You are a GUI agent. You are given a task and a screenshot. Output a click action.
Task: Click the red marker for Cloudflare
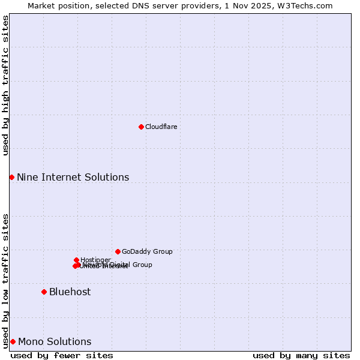point(141,127)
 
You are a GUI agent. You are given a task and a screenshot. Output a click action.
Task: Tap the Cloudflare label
point(161,127)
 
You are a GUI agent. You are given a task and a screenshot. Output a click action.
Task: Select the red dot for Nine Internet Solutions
point(11,177)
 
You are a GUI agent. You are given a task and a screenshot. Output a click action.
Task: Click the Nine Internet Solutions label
point(73,177)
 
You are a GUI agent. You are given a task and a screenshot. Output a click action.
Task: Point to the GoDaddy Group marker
point(118,251)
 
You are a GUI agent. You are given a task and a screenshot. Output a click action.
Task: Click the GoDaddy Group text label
point(147,251)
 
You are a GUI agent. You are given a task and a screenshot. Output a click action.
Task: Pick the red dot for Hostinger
point(76,260)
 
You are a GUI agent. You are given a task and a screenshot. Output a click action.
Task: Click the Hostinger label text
point(95,260)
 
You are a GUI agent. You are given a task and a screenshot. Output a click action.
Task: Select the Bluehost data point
point(44,292)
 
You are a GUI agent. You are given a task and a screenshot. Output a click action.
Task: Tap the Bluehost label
point(70,292)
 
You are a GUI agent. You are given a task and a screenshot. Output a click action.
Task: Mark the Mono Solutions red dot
point(13,341)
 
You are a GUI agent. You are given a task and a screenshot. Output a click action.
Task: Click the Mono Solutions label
point(55,341)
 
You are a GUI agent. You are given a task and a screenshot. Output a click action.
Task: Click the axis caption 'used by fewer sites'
point(62,355)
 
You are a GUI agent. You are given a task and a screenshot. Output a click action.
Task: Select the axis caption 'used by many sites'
point(301,355)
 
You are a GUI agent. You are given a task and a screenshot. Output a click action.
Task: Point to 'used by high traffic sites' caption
point(5,85)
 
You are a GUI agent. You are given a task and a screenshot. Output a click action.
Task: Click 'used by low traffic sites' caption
point(5,280)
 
